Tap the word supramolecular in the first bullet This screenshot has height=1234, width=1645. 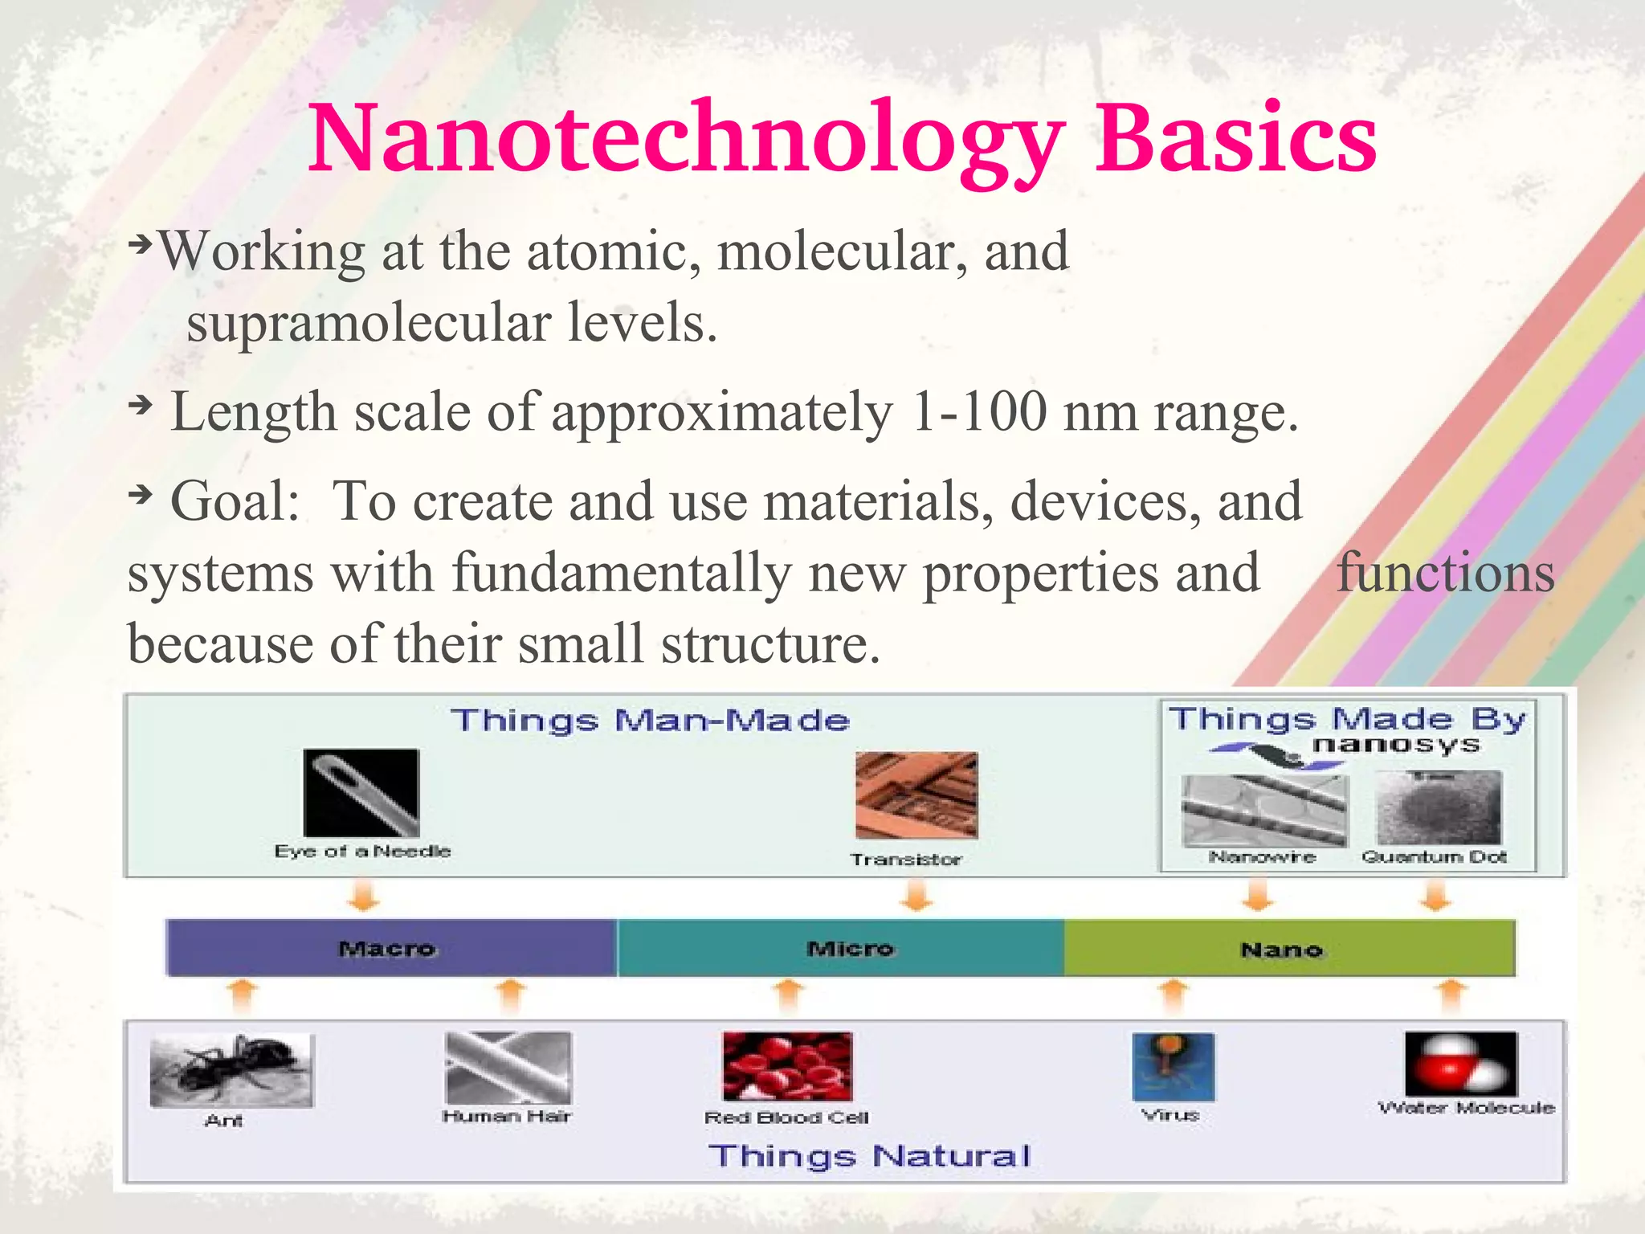(x=368, y=322)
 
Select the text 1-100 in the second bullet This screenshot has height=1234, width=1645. (x=978, y=412)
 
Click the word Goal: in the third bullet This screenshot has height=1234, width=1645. (x=235, y=501)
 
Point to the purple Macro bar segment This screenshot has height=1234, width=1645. (x=390, y=949)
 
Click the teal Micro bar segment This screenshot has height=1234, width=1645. (x=842, y=949)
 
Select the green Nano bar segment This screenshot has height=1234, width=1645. (x=1288, y=949)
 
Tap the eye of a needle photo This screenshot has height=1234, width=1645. (x=361, y=793)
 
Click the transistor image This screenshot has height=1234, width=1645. (x=916, y=795)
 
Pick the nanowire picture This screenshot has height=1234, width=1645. (x=1264, y=810)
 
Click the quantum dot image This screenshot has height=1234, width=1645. (x=1438, y=808)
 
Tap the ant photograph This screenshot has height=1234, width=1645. (x=231, y=1069)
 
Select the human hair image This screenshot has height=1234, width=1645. (x=508, y=1068)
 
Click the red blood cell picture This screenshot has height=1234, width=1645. (x=787, y=1066)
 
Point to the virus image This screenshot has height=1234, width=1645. (x=1173, y=1067)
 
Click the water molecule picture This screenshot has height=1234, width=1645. (x=1461, y=1064)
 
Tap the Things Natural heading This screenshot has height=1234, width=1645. (x=869, y=1156)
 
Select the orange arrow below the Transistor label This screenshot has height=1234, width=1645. (x=916, y=895)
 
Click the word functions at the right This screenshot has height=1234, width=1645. (x=1444, y=573)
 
